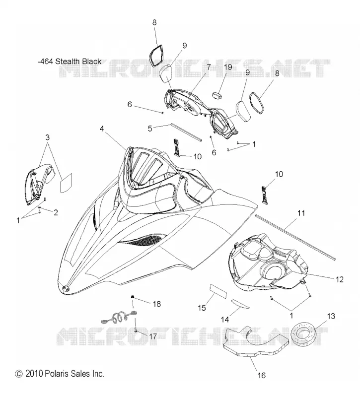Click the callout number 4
click(x=102, y=129)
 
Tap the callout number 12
click(x=340, y=279)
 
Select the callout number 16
click(x=262, y=375)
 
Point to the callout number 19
click(x=228, y=67)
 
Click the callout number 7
click(x=209, y=67)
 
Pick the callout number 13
click(x=331, y=316)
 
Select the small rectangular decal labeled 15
click(x=218, y=292)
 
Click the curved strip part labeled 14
click(x=240, y=304)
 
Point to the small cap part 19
click(x=216, y=96)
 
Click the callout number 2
click(x=56, y=212)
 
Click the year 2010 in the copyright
click(x=34, y=374)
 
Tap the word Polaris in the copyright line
click(x=57, y=374)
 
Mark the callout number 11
click(x=301, y=213)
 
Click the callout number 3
click(x=47, y=137)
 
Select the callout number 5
click(x=150, y=129)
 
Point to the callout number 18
click(x=157, y=304)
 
